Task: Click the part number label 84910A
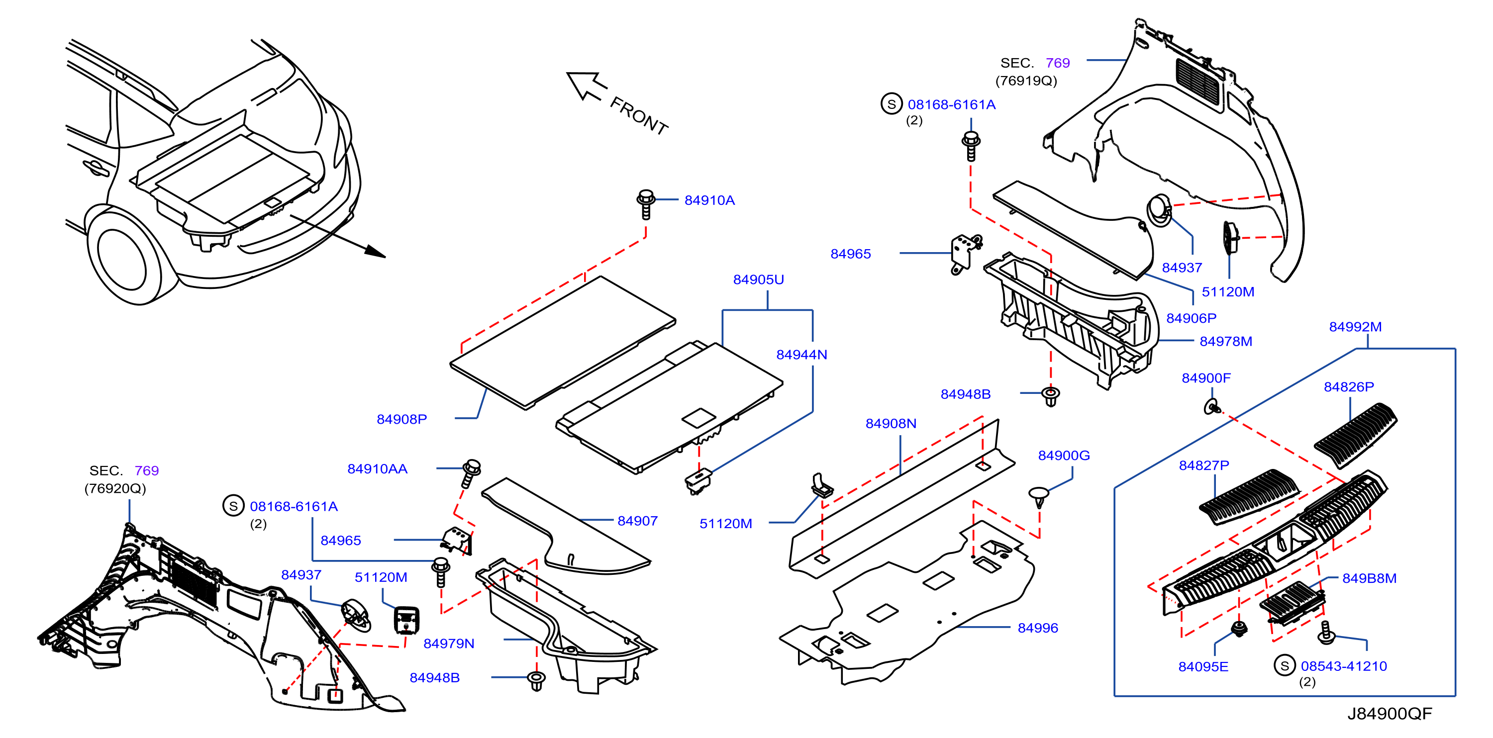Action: tap(709, 200)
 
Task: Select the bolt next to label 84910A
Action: tap(646, 204)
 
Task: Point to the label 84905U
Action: tap(758, 280)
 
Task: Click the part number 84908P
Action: tap(401, 419)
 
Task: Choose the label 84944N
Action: tap(801, 355)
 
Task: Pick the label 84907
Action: tap(637, 521)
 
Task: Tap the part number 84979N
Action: tap(449, 644)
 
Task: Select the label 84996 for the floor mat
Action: tap(1037, 628)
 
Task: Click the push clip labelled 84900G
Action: tap(1039, 497)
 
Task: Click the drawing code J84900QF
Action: tap(1389, 714)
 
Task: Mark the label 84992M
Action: tap(1355, 327)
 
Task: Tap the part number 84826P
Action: tap(1349, 387)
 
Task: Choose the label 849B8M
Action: tap(1369, 579)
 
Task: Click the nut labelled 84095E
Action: tap(1239, 629)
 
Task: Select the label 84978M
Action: tap(1226, 342)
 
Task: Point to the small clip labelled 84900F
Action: tap(1211, 407)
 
